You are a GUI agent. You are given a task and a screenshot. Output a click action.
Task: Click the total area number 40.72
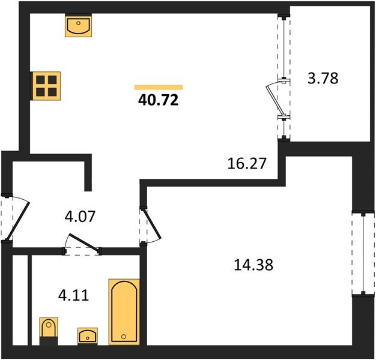(x=158, y=100)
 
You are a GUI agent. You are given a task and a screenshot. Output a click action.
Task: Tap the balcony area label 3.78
(x=323, y=79)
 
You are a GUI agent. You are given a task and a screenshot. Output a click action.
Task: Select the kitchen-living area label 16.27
(x=247, y=164)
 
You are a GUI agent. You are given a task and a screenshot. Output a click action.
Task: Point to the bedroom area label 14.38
(x=253, y=265)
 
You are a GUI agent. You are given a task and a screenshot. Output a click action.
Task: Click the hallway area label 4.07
(x=80, y=216)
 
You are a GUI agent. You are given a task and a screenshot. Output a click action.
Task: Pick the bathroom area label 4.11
(x=73, y=295)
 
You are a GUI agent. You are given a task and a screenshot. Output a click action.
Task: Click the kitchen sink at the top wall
(x=79, y=25)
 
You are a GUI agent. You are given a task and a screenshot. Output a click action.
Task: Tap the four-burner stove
(x=46, y=86)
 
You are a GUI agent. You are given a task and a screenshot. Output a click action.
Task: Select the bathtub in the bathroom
(x=124, y=312)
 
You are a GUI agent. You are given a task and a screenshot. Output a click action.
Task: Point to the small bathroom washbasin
(x=88, y=336)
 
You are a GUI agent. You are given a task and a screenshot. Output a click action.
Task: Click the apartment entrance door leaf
(x=18, y=221)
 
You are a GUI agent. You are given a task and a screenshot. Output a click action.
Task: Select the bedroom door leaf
(x=152, y=223)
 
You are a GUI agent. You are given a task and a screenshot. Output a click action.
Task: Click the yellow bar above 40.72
(x=159, y=87)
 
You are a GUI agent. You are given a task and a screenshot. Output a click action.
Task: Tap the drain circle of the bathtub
(x=124, y=337)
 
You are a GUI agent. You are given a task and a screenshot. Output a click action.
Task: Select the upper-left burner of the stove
(x=40, y=80)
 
